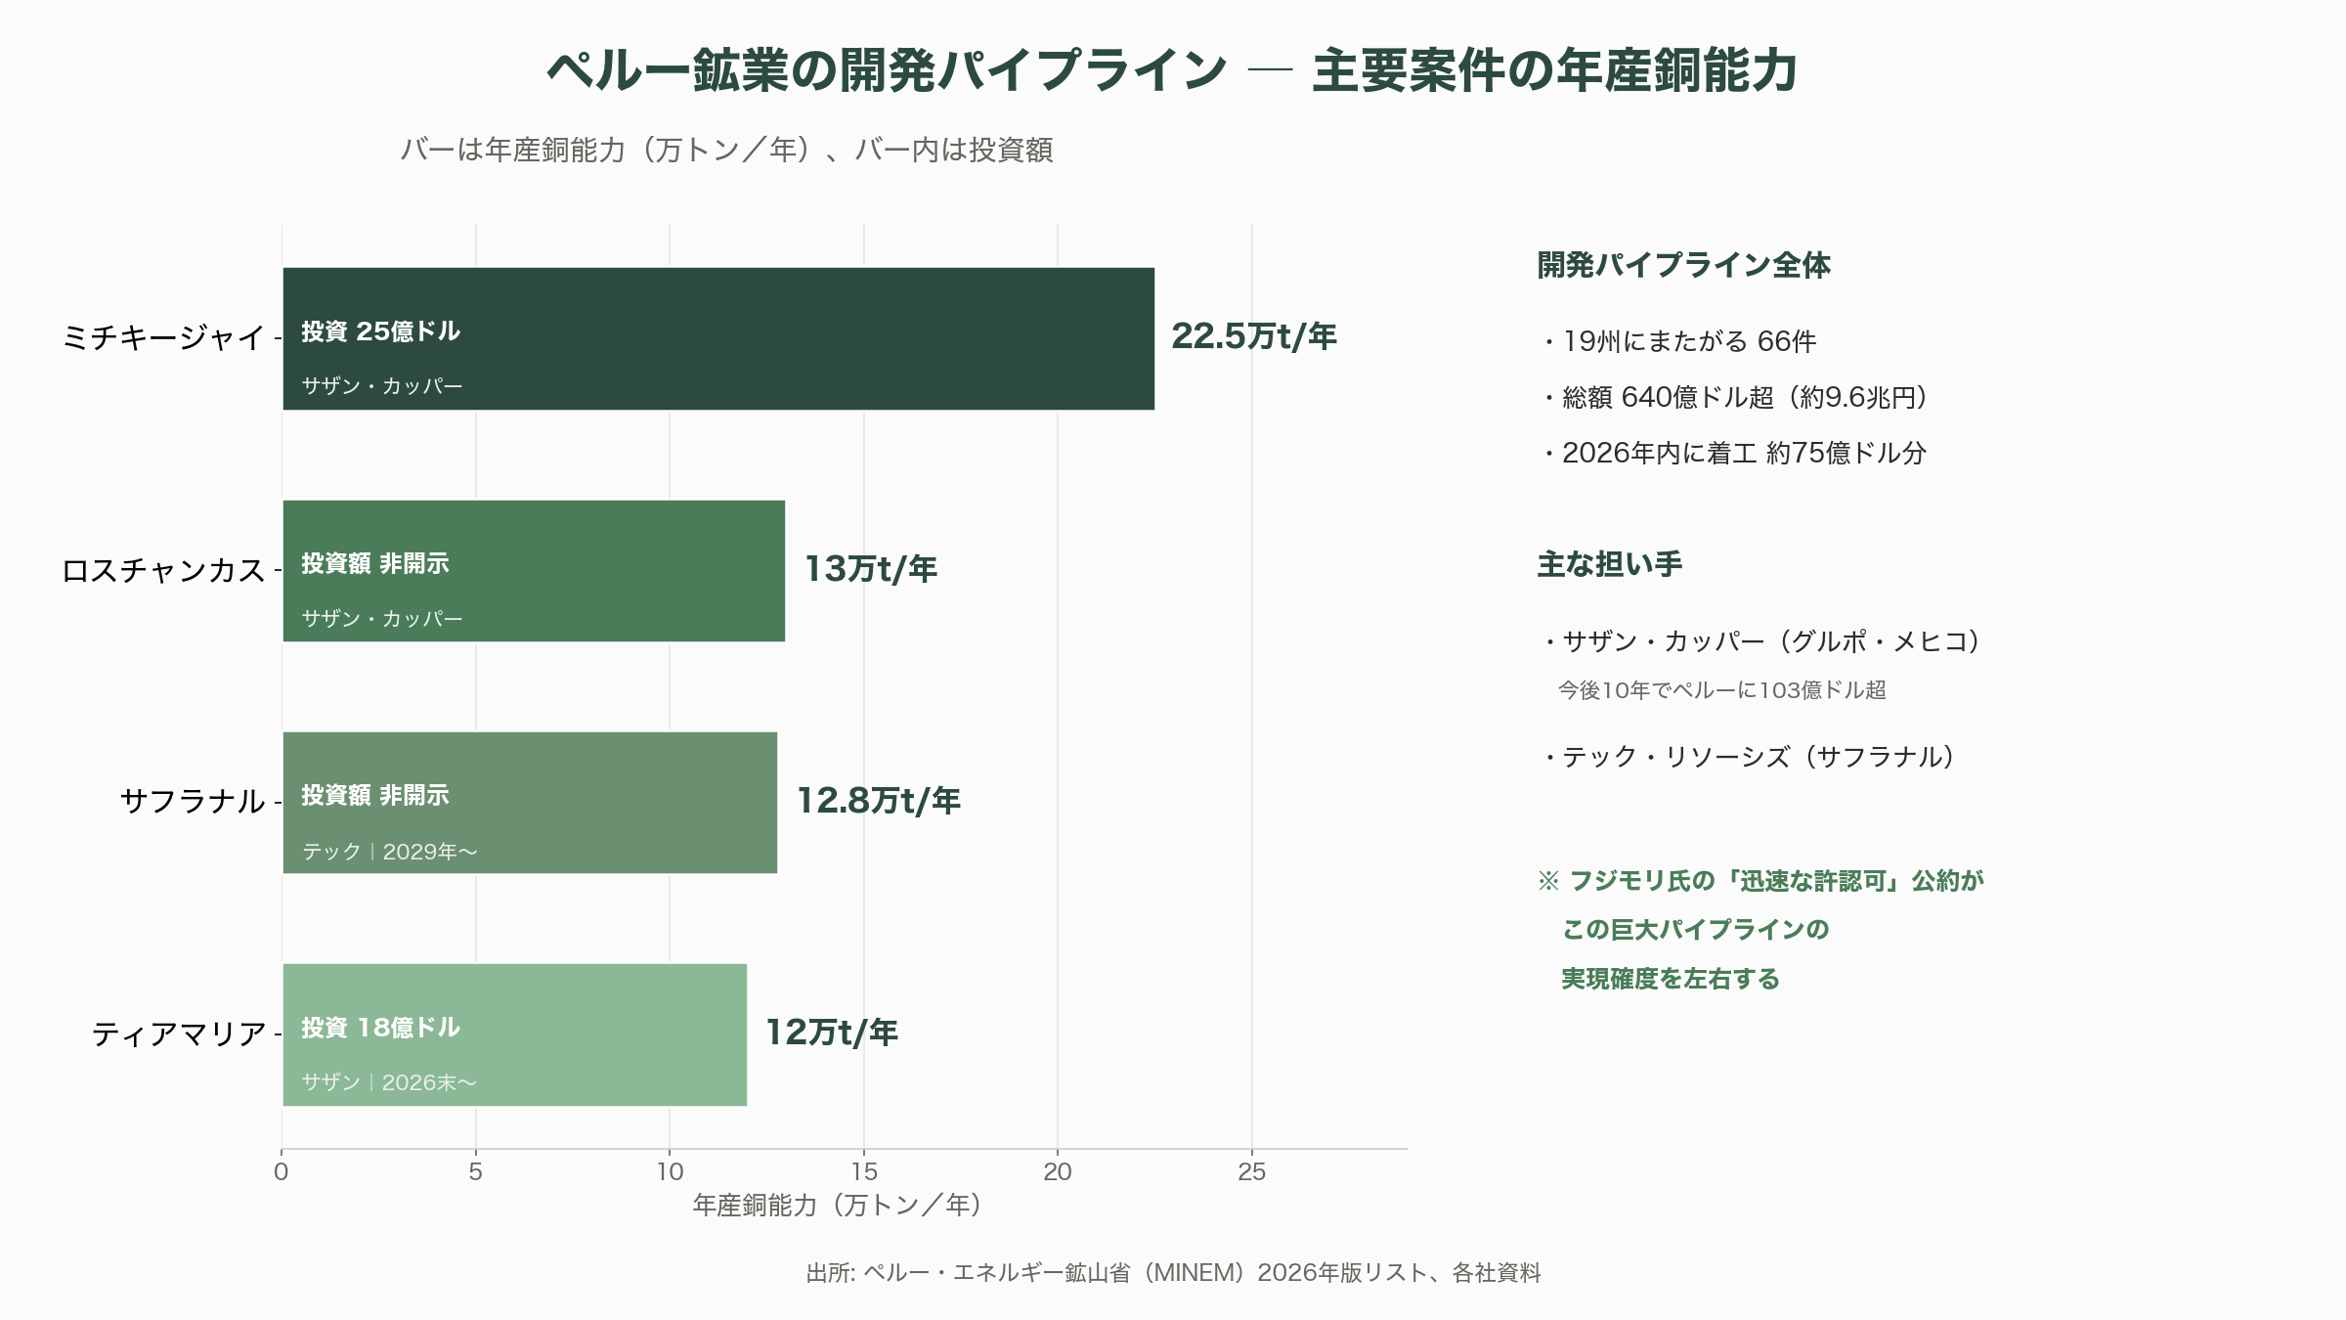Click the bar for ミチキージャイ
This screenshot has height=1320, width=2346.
click(x=718, y=338)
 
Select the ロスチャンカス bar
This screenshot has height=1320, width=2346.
click(x=534, y=571)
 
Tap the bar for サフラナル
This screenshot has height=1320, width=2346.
click(x=530, y=803)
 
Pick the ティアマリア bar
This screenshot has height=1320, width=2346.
click(x=514, y=1034)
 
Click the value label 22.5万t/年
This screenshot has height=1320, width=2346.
click(x=1254, y=336)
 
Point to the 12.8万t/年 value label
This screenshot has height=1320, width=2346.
click(x=879, y=801)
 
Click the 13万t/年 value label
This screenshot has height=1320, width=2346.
click(x=871, y=569)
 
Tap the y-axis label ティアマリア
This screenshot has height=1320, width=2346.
click(x=179, y=1034)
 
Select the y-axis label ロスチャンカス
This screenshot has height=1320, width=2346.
click(x=163, y=570)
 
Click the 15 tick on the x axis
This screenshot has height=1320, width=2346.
click(x=864, y=1171)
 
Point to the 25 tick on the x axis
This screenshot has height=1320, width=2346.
click(x=1251, y=1171)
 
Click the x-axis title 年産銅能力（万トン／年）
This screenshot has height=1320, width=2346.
click(x=837, y=1205)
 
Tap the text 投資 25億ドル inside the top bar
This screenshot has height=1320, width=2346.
click(x=380, y=331)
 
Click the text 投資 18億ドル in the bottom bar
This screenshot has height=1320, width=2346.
click(x=380, y=1028)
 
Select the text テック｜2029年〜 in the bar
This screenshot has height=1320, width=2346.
click(x=389, y=852)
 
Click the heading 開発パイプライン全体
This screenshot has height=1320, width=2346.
click(x=1683, y=265)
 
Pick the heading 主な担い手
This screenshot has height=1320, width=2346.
click(x=1610, y=564)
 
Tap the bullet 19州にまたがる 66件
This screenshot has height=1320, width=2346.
click(x=1679, y=341)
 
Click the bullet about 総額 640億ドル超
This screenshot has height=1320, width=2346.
click(x=1735, y=397)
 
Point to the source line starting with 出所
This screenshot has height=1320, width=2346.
click(x=1173, y=1272)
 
